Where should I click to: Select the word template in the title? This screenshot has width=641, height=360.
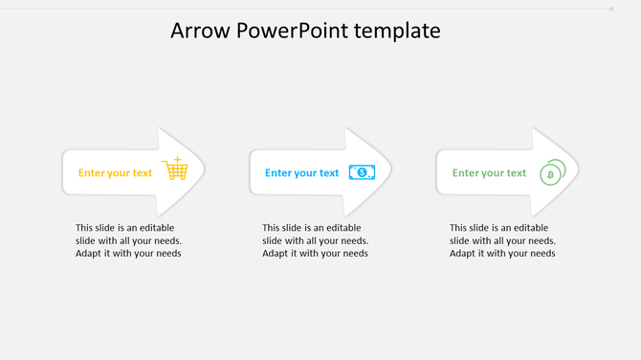point(397,31)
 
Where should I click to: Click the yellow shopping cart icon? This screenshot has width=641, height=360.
point(175,169)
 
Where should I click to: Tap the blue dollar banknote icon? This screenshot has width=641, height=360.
point(362,172)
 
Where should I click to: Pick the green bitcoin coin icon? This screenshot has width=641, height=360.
point(551,172)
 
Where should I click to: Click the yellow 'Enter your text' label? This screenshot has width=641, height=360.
point(115,173)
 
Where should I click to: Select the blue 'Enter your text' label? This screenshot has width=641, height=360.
point(301,173)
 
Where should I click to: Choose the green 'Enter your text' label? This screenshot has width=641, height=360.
point(489,173)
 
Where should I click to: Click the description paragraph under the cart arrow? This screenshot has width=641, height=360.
point(128,240)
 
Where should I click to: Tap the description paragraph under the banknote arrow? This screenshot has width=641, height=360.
point(315,240)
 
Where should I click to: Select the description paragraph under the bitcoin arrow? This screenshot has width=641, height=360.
point(502,240)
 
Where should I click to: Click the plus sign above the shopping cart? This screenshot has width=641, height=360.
point(177,158)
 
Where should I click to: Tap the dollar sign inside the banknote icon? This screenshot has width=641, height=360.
point(362,172)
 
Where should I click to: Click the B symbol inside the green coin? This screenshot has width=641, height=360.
point(549,175)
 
